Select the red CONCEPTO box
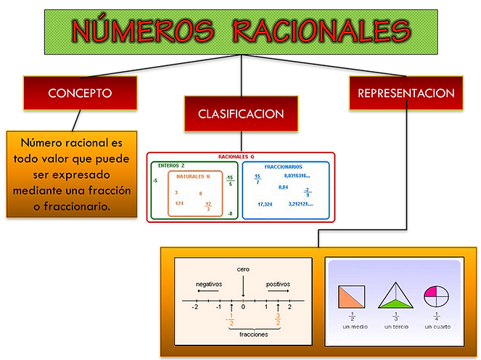pyautogui.click(x=80, y=93)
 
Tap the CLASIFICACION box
pyautogui.click(x=241, y=114)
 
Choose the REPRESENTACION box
pyautogui.click(x=406, y=93)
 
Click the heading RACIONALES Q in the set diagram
pyautogui.click(x=237, y=157)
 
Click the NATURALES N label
pyautogui.click(x=192, y=176)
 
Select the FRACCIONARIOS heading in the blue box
pyautogui.click(x=284, y=166)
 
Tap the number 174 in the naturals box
pyautogui.click(x=179, y=203)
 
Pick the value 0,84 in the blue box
pyautogui.click(x=283, y=187)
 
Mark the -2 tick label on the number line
pyautogui.click(x=194, y=307)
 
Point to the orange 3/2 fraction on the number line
pyautogui.click(x=278, y=319)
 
